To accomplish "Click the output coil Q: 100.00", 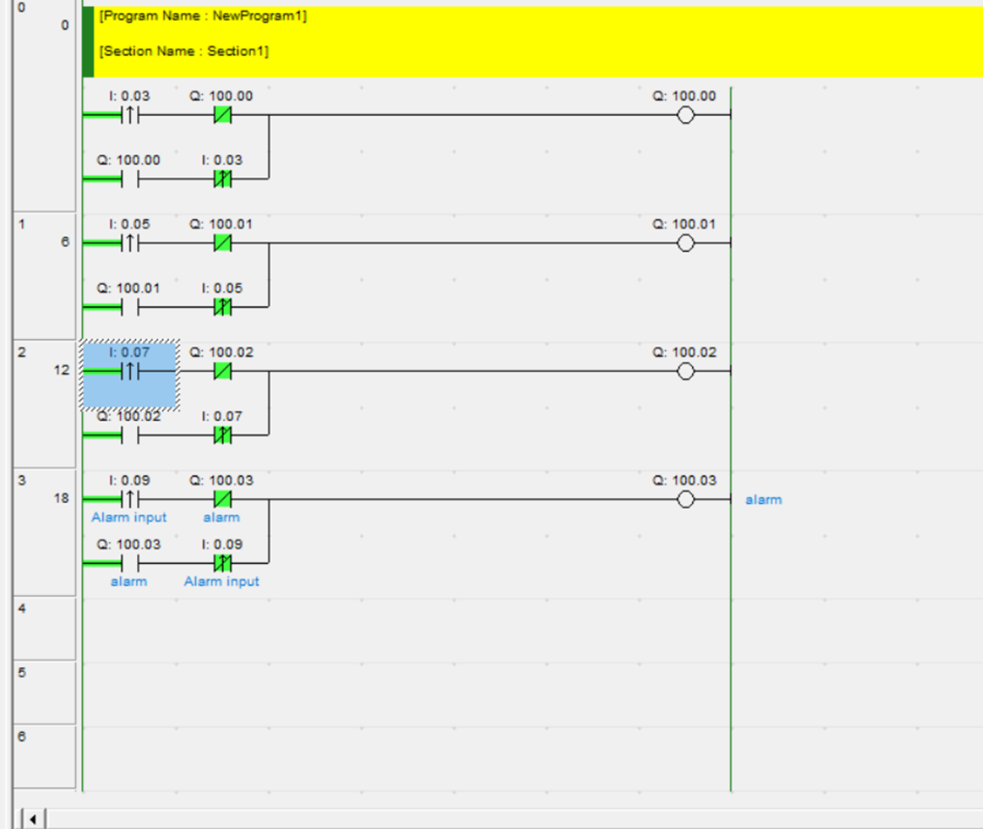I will tap(686, 115).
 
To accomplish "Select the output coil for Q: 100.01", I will tap(686, 243).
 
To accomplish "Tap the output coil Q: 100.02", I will tap(686, 371).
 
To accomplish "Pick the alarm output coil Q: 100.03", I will tap(686, 499).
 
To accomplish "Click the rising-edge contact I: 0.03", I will tap(130, 115).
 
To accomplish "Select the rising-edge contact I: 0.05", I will tap(130, 243).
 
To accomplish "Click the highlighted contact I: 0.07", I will tap(130, 372).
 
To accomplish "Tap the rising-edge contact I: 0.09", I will tap(130, 499).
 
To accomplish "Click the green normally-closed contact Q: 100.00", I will tap(222, 115).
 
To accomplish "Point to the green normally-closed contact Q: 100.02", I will tap(222, 371).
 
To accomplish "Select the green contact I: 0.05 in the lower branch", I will tap(222, 307).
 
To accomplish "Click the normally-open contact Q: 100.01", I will tap(130, 307).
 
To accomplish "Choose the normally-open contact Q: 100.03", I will tap(130, 563).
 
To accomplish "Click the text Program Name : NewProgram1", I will tap(203, 17).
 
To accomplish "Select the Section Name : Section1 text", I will tap(184, 51).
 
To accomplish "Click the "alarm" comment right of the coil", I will tap(763, 499).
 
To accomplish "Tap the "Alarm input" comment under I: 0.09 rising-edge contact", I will tap(129, 518).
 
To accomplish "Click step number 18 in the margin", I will tap(62, 499).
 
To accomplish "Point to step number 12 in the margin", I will tap(62, 370).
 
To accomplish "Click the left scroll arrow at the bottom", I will tap(32, 819).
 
